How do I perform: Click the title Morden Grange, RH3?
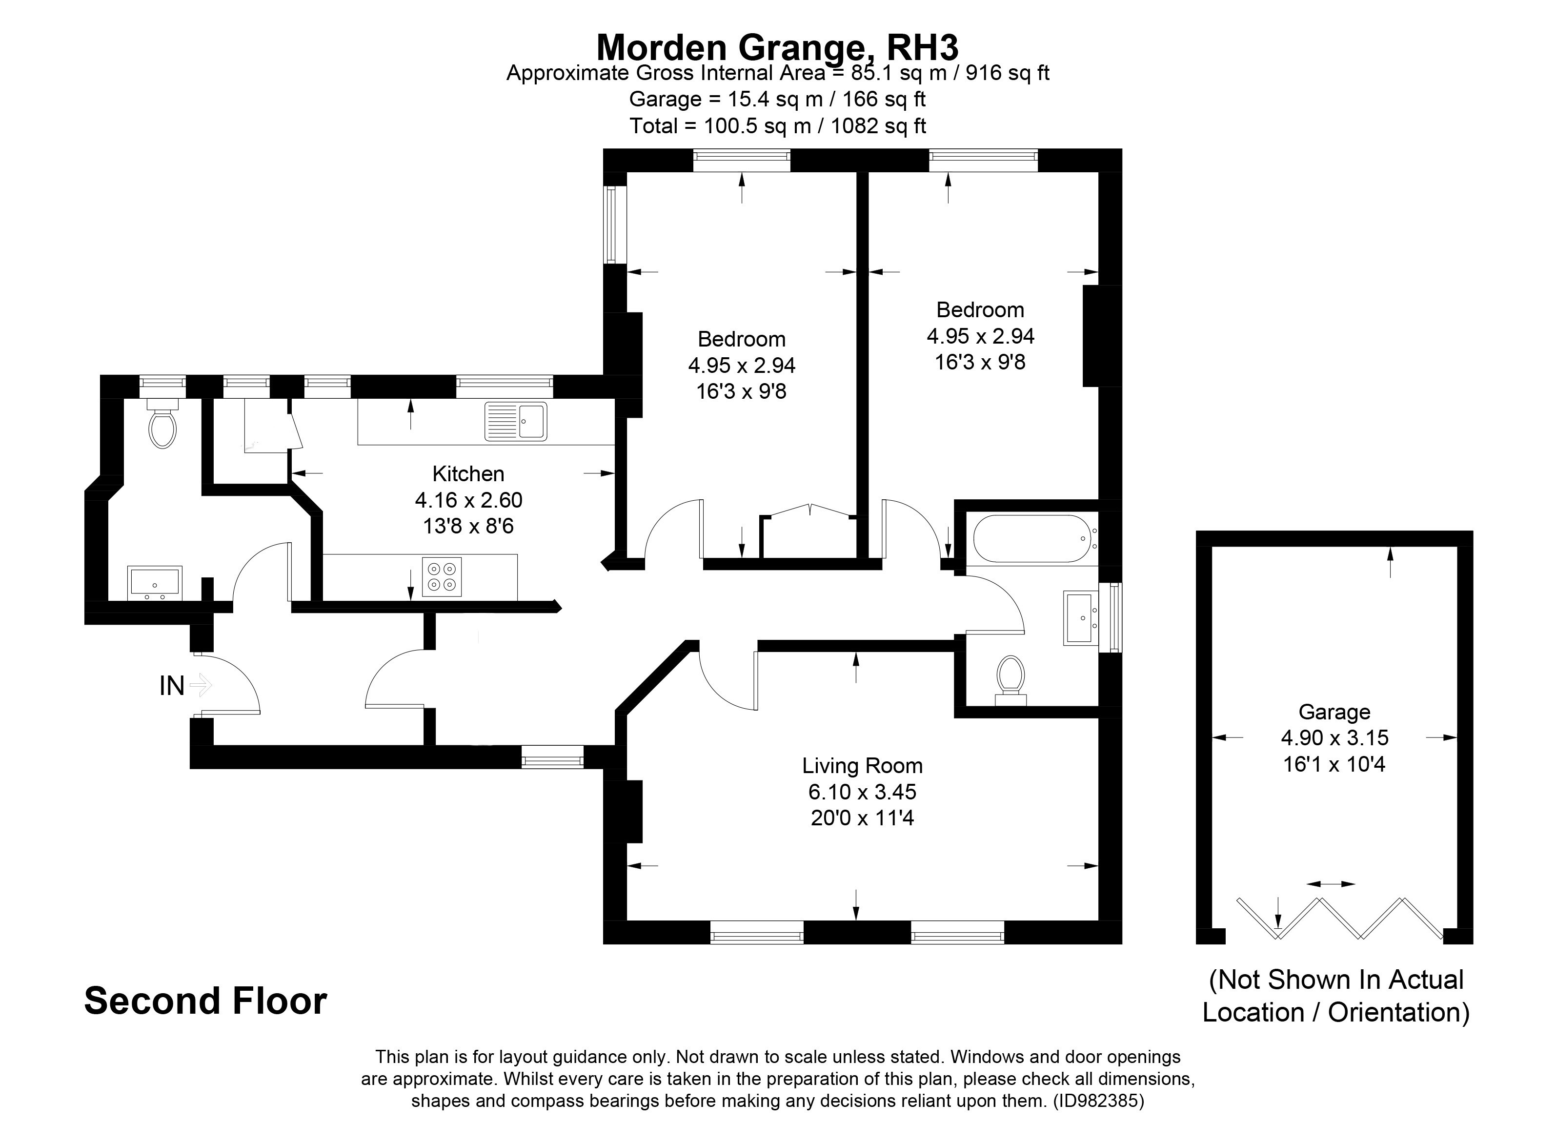[777, 47]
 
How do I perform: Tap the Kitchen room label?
[468, 473]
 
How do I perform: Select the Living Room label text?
[862, 765]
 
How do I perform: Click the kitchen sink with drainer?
[516, 421]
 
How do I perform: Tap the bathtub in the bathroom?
[1031, 539]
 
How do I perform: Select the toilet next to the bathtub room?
[1010, 679]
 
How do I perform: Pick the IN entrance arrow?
[201, 684]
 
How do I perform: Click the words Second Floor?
[205, 1001]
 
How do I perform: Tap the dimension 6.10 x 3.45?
[862, 792]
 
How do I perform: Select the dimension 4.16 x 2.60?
[468, 500]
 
